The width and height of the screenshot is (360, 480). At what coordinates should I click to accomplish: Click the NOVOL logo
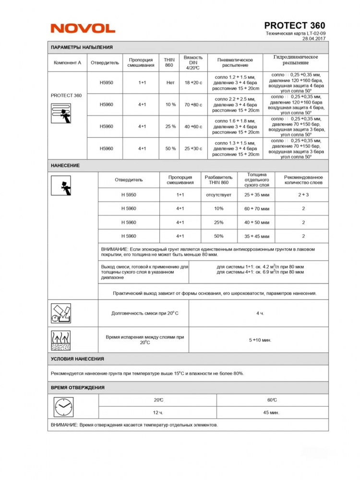83,28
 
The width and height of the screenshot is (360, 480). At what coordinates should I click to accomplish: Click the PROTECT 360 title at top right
294,25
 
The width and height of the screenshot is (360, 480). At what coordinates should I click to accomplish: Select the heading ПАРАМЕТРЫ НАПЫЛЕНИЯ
82,48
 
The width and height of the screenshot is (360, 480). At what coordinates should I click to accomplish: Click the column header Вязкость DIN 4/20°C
193,62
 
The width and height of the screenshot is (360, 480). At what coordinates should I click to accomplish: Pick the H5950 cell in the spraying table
107,83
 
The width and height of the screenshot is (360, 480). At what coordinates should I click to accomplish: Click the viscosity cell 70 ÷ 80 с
193,105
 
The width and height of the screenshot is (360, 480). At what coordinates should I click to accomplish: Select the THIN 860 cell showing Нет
170,83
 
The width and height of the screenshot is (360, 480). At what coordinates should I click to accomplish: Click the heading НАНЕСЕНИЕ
65,166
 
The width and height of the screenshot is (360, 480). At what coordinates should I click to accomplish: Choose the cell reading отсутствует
218,195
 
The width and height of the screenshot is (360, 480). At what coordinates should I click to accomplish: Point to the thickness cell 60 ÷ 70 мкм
257,209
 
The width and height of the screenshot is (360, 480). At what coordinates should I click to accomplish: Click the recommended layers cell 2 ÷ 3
303,195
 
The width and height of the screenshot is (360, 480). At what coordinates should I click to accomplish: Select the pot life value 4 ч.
260,313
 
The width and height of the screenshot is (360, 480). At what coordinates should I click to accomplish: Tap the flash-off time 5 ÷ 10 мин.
260,340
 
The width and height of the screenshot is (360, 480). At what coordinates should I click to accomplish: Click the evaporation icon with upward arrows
61,340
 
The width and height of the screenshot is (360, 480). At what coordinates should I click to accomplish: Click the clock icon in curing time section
61,407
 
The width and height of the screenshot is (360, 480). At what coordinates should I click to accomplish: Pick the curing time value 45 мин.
272,412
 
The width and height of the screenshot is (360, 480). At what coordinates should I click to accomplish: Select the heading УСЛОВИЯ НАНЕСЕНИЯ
77,359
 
